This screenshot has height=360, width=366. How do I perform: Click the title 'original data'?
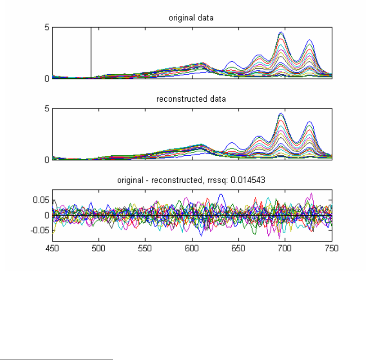pyautogui.click(x=191, y=18)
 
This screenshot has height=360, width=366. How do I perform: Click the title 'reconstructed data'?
pyautogui.click(x=191, y=99)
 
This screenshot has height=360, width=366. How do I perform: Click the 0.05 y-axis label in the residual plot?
pyautogui.click(x=41, y=200)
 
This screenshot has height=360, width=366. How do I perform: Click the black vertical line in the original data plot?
pyautogui.click(x=91, y=51)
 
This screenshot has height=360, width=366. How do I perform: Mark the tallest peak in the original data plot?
pyautogui.click(x=281, y=33)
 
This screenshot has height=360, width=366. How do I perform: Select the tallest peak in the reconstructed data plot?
pyautogui.click(x=281, y=114)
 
